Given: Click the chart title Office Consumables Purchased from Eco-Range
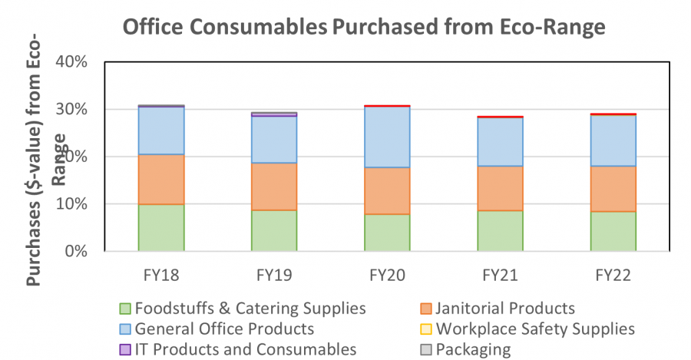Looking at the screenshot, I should (364, 28).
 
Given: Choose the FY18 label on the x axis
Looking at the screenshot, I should (161, 274).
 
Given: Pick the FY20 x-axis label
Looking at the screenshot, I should (387, 274).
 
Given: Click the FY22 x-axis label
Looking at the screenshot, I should (613, 274).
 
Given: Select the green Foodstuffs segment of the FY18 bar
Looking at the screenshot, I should (161, 228).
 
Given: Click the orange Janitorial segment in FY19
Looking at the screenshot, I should (274, 187).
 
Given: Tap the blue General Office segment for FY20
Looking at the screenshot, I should (387, 137).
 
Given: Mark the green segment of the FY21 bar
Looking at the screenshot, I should (500, 231).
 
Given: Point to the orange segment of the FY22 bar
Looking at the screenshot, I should (613, 189).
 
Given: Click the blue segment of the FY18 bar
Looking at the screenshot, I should (161, 130).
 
